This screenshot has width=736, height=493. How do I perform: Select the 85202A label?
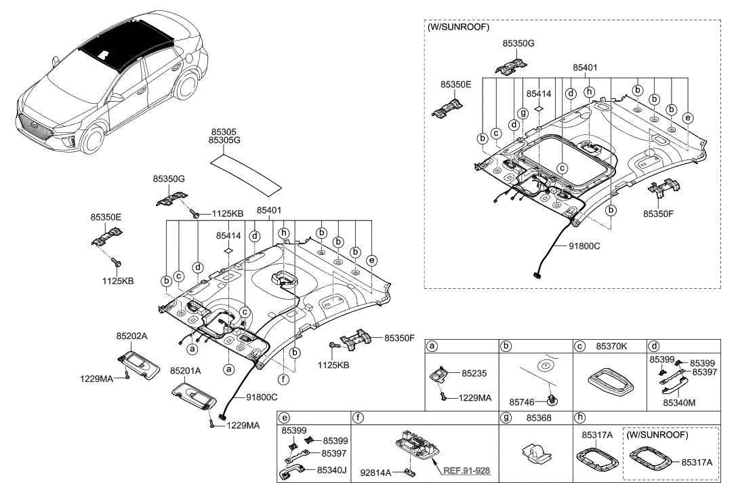tap(132, 335)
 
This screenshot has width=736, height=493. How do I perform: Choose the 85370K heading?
tap(611, 347)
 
